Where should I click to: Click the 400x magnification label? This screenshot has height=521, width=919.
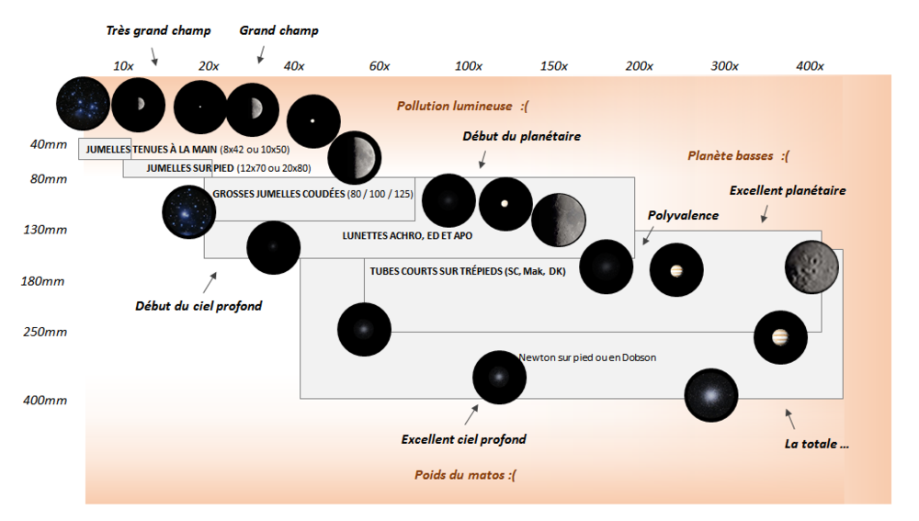pyautogui.click(x=810, y=66)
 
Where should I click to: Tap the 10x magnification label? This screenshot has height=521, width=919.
pyautogui.click(x=123, y=66)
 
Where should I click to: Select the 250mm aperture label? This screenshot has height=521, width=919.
pyautogui.click(x=45, y=332)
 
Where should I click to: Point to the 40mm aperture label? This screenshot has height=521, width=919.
pyautogui.click(x=45, y=144)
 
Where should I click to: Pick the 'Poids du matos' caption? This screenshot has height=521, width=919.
pyautogui.click(x=465, y=475)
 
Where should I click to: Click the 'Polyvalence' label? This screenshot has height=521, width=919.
pyautogui.click(x=683, y=216)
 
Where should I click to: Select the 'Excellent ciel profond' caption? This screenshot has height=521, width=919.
pyautogui.click(x=463, y=439)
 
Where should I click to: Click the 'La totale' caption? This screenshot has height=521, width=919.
pyautogui.click(x=816, y=443)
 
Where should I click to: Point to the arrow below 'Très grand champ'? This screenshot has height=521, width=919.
pyautogui.click(x=154, y=58)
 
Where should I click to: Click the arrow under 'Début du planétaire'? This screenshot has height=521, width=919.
pyautogui.click(x=482, y=163)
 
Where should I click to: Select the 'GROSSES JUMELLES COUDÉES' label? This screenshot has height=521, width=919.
pyautogui.click(x=312, y=195)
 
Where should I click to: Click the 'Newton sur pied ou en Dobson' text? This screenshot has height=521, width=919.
pyautogui.click(x=587, y=357)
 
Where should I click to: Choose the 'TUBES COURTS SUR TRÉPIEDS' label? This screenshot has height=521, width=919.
pyautogui.click(x=468, y=271)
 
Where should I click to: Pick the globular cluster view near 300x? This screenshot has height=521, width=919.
pyautogui.click(x=711, y=394)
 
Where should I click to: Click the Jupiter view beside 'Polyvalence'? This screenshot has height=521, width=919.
pyautogui.click(x=676, y=270)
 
